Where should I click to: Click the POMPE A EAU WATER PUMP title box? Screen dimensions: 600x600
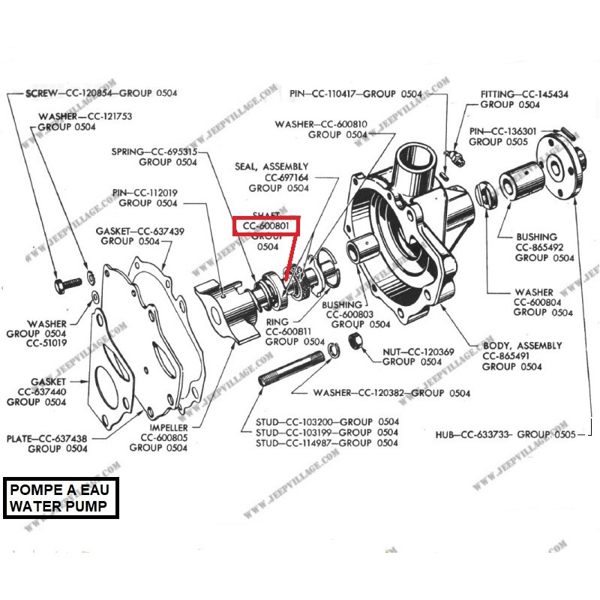pyautogui.click(x=64, y=498)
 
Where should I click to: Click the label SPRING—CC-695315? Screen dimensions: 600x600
pyautogui.click(x=154, y=151)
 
